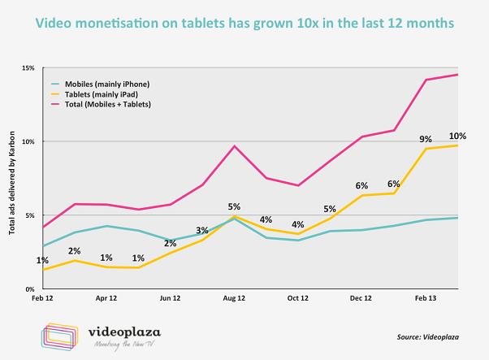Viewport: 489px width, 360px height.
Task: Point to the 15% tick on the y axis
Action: point(28,68)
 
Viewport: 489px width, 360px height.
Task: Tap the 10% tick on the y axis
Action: point(28,141)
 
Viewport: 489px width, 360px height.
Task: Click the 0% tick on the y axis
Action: point(30,288)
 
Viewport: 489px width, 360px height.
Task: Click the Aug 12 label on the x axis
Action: point(234,298)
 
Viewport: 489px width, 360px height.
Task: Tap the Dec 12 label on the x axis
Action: point(362,298)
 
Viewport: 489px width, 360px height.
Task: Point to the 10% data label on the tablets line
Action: point(457,135)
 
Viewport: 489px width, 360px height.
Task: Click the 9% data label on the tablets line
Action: point(426,139)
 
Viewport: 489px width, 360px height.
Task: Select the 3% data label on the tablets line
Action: point(201,231)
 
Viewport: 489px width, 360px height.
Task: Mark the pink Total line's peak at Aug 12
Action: point(234,145)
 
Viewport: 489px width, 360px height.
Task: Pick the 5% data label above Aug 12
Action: point(234,206)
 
